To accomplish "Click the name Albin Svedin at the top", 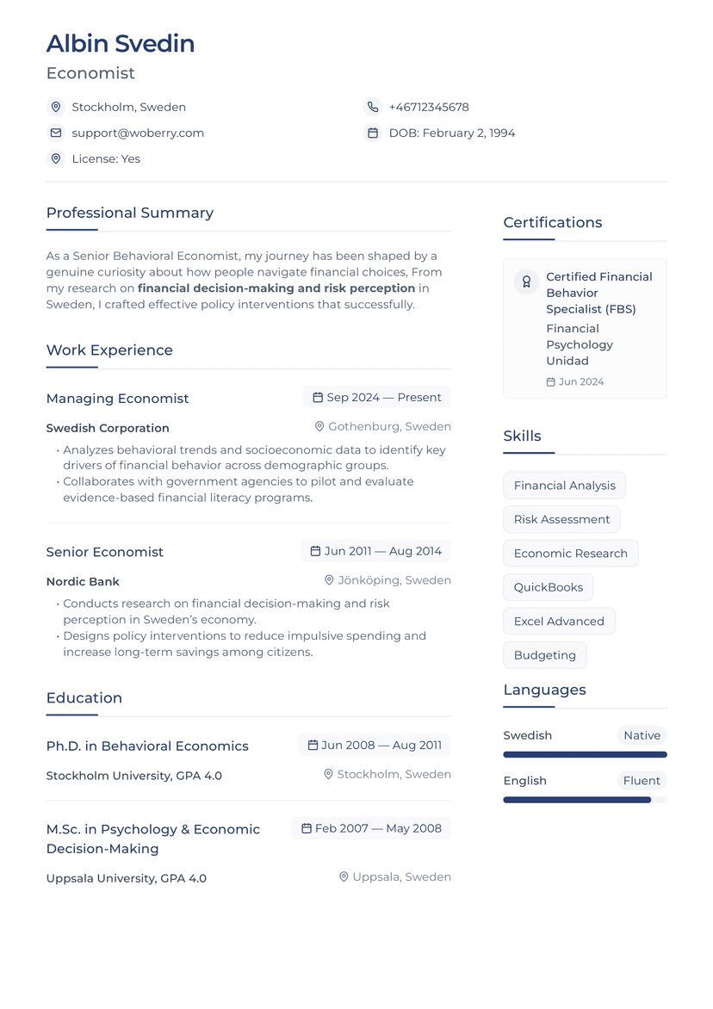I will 121,44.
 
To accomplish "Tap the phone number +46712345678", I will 429,108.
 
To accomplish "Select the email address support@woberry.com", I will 138,133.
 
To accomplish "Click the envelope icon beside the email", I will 56,133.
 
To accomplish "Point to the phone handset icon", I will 373,108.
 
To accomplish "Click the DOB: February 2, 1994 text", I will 452,133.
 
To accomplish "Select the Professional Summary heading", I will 130,213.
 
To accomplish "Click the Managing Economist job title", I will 117,399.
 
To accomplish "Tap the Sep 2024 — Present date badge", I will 376,398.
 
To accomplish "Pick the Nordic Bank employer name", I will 83,582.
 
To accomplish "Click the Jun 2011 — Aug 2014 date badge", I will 375,551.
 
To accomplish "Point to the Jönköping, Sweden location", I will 387,581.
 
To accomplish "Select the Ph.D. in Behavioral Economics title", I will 147,746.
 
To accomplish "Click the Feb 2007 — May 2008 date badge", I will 370,829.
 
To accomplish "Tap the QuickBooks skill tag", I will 549,587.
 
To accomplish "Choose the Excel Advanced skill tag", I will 559,622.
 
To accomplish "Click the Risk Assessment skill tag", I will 561,520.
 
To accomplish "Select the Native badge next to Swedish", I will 642,736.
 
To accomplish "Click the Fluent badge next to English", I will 642,781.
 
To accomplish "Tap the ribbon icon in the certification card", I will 526,282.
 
